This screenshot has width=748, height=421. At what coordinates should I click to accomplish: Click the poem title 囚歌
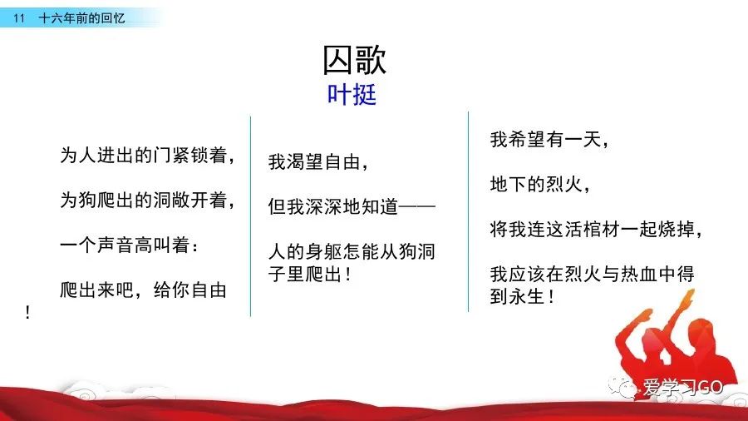[354, 60]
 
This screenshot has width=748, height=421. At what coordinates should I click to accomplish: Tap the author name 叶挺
[352, 95]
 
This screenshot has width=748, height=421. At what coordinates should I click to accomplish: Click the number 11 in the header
[18, 18]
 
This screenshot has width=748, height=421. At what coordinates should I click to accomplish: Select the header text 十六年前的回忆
[81, 18]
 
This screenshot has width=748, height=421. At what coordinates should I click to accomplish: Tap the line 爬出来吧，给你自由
[143, 290]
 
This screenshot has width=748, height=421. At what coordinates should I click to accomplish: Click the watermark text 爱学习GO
[682, 387]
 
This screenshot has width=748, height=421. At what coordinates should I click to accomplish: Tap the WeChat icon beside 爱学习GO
[623, 387]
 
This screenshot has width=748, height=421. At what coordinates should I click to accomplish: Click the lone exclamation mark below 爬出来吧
[27, 313]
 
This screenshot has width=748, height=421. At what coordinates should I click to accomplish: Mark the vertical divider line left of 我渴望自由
[250, 216]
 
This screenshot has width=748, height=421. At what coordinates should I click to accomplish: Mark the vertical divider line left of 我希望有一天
[468, 211]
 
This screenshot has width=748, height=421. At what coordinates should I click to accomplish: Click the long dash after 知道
[417, 206]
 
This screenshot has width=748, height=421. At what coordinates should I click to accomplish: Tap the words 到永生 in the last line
[517, 297]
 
